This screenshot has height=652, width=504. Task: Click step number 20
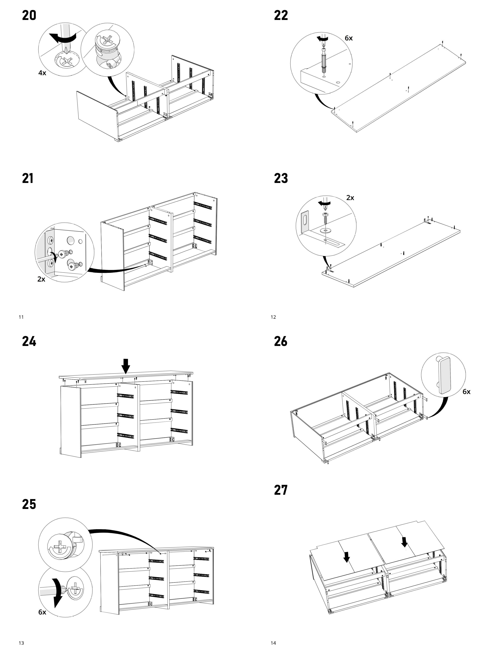(29, 16)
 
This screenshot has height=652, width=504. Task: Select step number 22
(281, 16)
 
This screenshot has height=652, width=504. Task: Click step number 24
(29, 341)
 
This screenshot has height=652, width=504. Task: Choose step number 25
(29, 504)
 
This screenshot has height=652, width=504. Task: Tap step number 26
(281, 341)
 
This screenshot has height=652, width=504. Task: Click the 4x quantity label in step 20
(42, 73)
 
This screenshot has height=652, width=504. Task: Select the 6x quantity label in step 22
(348, 38)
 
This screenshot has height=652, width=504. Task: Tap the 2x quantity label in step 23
(350, 198)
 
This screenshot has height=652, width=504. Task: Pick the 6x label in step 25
(42, 612)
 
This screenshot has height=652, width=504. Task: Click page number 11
(21, 317)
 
